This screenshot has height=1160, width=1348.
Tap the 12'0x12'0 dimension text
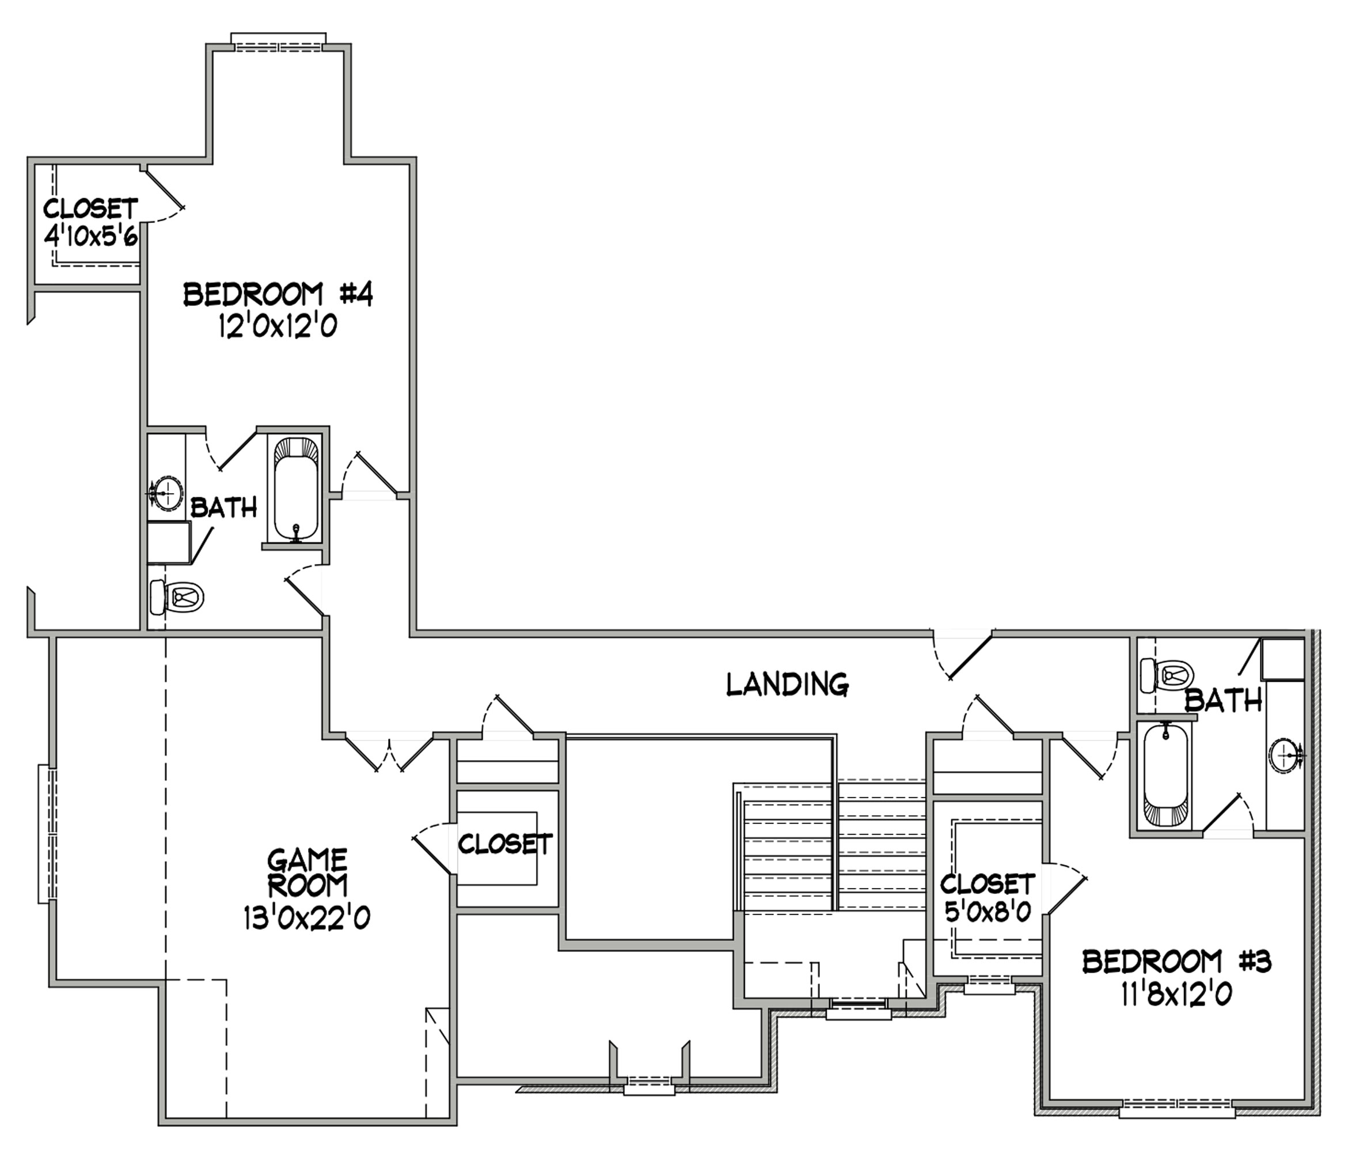(278, 326)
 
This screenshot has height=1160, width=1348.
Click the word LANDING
(787, 684)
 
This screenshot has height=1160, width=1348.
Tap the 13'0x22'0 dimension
(307, 918)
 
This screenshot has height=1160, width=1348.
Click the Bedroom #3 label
(1176, 961)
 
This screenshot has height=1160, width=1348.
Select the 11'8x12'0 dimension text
(1176, 994)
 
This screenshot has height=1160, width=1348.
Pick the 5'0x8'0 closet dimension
(988, 910)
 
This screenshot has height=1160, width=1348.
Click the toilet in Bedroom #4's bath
(177, 597)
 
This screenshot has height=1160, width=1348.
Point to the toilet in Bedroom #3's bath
(1167, 677)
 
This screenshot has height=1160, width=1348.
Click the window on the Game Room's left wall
(47, 833)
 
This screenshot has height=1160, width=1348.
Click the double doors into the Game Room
(389, 753)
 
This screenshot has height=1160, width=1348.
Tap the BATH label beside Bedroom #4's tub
(224, 508)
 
